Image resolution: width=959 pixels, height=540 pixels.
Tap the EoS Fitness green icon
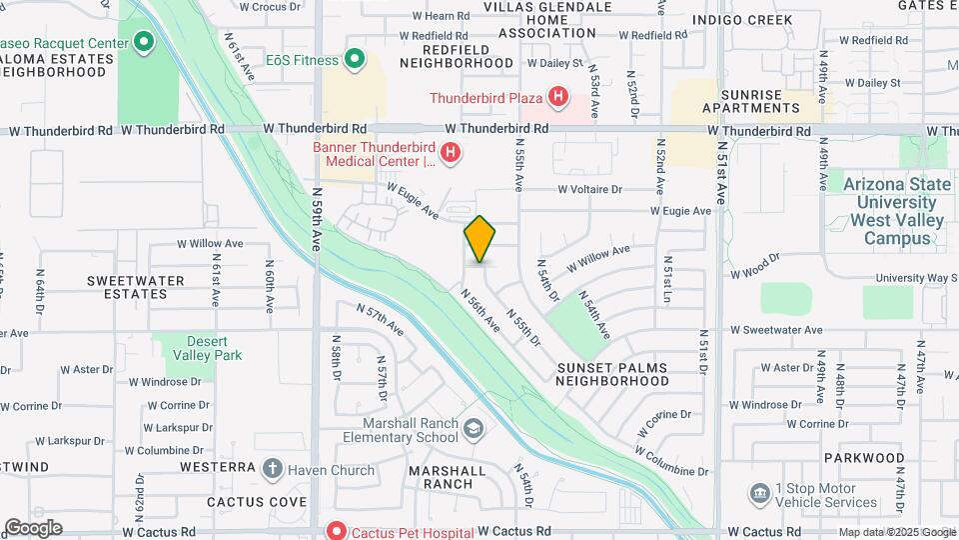pos(355,60)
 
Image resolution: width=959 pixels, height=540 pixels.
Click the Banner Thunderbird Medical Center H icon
pos(451,153)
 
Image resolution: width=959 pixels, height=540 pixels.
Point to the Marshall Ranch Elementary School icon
pos(474,429)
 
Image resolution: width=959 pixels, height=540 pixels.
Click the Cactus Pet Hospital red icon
pos(337,530)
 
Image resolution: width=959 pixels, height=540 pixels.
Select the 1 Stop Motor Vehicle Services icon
pos(759,493)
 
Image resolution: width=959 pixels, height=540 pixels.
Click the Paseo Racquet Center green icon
pos(143,43)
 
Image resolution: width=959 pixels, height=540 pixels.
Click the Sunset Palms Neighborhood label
pos(612,374)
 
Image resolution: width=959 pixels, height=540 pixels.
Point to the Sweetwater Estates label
pos(127,287)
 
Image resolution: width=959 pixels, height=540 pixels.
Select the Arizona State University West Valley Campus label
pos(889,211)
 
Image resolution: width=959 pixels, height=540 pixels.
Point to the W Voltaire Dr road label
pos(589,188)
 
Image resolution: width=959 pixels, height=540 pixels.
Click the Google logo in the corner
pos(33,528)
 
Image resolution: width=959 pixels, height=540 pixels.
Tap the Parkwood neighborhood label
pos(865,457)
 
